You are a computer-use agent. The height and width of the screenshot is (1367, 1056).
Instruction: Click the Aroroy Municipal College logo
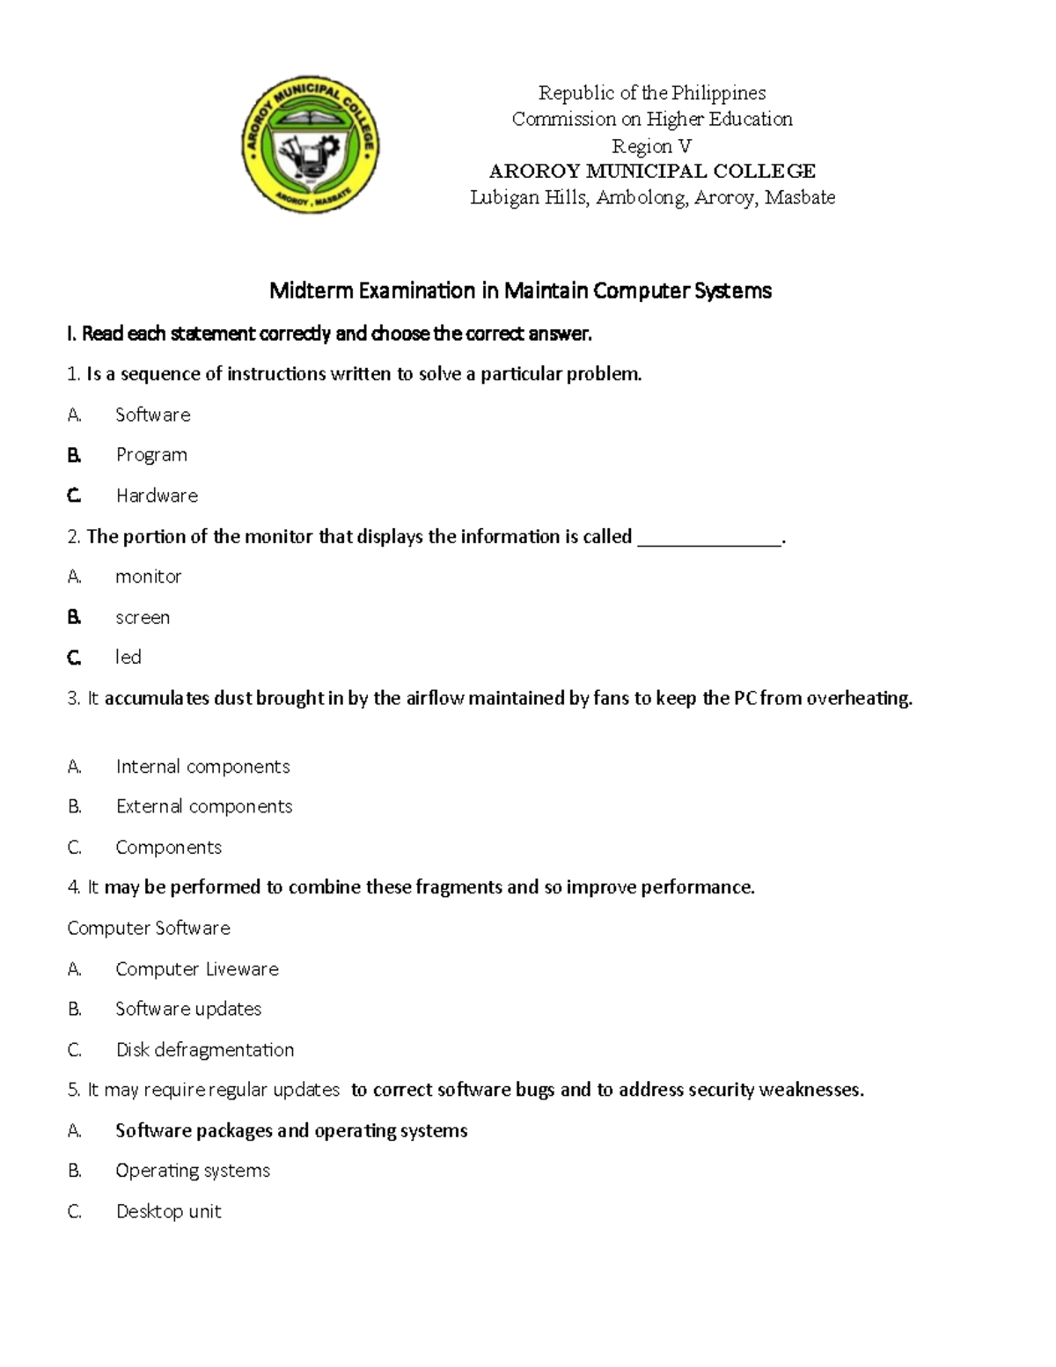coord(310,145)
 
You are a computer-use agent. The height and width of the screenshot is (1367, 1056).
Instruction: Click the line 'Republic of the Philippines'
coord(652,92)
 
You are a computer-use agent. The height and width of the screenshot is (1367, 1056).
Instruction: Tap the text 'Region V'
coord(652,145)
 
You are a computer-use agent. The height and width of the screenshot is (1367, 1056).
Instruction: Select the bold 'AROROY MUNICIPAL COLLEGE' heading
coord(652,171)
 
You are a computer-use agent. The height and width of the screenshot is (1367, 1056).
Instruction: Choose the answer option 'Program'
coord(151,455)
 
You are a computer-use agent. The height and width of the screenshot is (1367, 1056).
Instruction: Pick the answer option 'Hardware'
coord(157,496)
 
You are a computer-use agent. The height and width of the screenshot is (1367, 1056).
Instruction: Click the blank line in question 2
coord(708,539)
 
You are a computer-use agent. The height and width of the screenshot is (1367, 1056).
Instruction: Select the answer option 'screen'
coord(143,617)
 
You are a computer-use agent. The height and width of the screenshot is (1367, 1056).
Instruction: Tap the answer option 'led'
coord(128,657)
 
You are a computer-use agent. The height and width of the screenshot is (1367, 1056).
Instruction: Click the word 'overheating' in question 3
coord(858,698)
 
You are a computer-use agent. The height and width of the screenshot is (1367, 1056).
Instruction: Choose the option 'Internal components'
coord(202,767)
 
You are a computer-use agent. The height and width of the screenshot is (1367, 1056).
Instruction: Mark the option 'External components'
coord(204,806)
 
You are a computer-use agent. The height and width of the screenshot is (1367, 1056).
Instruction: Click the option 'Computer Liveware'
coord(197,969)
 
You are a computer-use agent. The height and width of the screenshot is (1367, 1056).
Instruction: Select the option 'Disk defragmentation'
coord(205,1049)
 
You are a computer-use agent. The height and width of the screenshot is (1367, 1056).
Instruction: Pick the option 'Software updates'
coord(188,1009)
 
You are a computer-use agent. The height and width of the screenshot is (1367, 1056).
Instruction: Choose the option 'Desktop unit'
coord(169,1211)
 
